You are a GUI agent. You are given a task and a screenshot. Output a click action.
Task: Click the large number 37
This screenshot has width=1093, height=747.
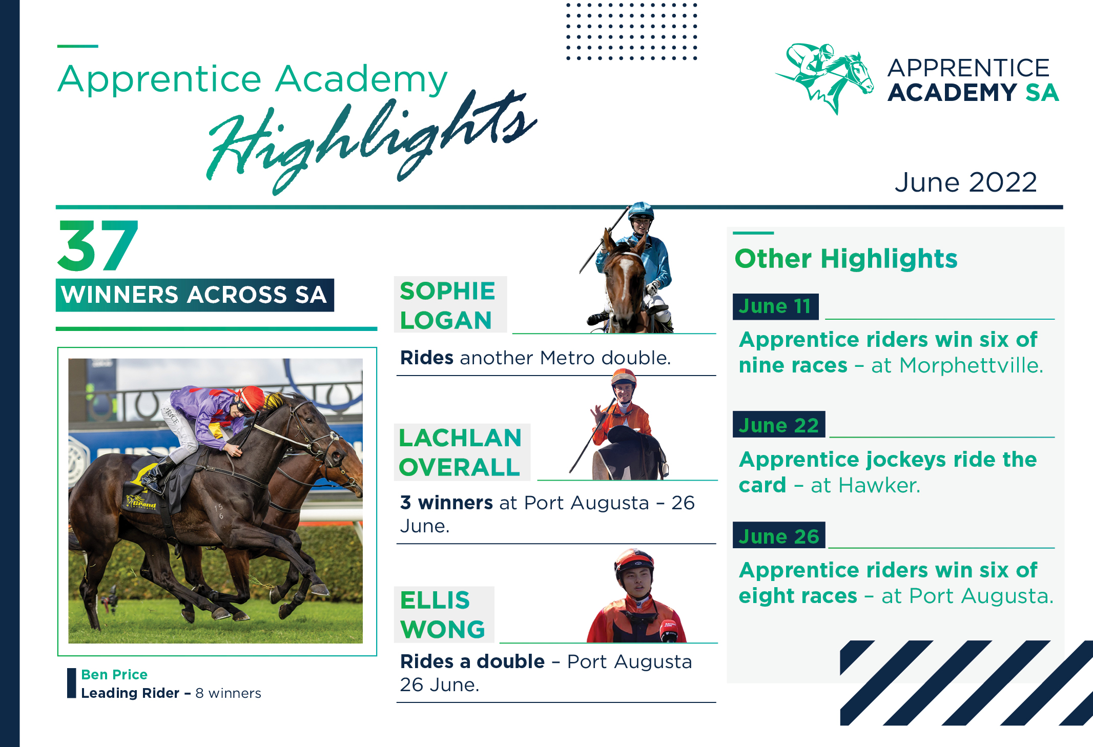click(97, 246)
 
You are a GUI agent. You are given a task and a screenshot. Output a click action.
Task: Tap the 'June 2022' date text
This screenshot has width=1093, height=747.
click(966, 182)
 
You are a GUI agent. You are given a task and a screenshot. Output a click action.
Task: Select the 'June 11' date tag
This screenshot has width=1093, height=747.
click(775, 306)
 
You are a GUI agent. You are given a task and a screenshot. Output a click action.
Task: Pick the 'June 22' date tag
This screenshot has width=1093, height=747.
click(779, 425)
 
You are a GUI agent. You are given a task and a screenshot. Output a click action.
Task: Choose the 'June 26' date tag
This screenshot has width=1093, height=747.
click(779, 536)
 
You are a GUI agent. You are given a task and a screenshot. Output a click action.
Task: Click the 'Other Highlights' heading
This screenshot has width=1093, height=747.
click(846, 258)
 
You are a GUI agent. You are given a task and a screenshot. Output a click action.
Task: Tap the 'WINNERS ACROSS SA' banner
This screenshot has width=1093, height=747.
click(195, 295)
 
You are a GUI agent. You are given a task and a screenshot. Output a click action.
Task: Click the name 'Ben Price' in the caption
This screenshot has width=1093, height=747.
click(114, 674)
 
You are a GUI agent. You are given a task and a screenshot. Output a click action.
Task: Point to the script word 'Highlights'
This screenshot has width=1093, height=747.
click(372, 141)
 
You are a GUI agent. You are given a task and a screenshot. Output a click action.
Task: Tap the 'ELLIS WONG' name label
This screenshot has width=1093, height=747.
click(444, 614)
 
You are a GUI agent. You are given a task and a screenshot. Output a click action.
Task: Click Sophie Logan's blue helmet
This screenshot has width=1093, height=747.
click(641, 211)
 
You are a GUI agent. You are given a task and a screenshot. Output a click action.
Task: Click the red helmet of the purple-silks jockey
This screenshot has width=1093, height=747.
click(252, 398)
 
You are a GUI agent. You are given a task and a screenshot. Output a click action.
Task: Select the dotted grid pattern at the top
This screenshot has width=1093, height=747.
click(632, 31)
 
